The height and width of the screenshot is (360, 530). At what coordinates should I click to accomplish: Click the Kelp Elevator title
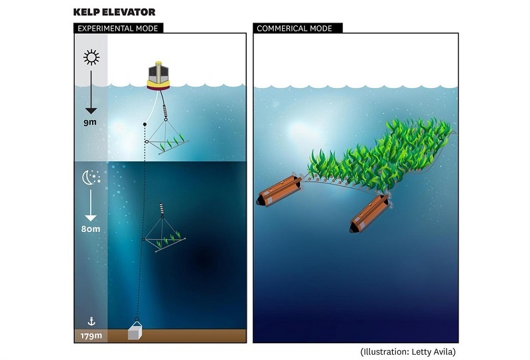(114, 11)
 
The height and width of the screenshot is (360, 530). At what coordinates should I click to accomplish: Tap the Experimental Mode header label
(117, 28)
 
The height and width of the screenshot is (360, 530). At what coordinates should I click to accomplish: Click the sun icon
(90, 57)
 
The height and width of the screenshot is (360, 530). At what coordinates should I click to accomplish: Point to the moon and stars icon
(91, 177)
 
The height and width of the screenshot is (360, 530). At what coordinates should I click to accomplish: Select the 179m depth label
(90, 335)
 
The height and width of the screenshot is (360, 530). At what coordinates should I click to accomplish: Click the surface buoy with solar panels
(159, 77)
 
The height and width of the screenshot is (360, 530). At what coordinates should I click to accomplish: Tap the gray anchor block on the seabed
(137, 331)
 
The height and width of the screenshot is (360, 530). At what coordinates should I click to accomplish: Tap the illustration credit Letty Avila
(408, 351)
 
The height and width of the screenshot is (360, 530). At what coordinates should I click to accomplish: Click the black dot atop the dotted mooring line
(145, 125)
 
